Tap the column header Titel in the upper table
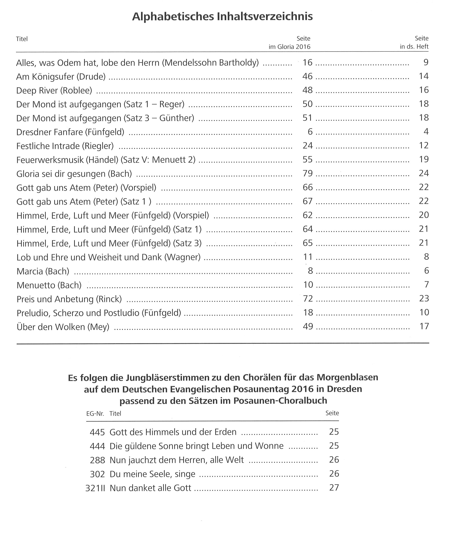(22, 39)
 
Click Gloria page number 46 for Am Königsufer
(307, 76)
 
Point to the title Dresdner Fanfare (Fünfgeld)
(70, 132)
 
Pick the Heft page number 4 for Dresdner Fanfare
(426, 132)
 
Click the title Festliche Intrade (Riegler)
(65, 146)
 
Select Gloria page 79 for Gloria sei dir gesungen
(308, 173)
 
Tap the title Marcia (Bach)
(43, 271)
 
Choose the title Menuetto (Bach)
(49, 285)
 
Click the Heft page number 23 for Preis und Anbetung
(424, 299)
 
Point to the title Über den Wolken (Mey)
(63, 327)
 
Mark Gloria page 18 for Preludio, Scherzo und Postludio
(308, 312)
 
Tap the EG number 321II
(95, 488)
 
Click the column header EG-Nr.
(95, 414)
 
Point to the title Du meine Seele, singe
(152, 474)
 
